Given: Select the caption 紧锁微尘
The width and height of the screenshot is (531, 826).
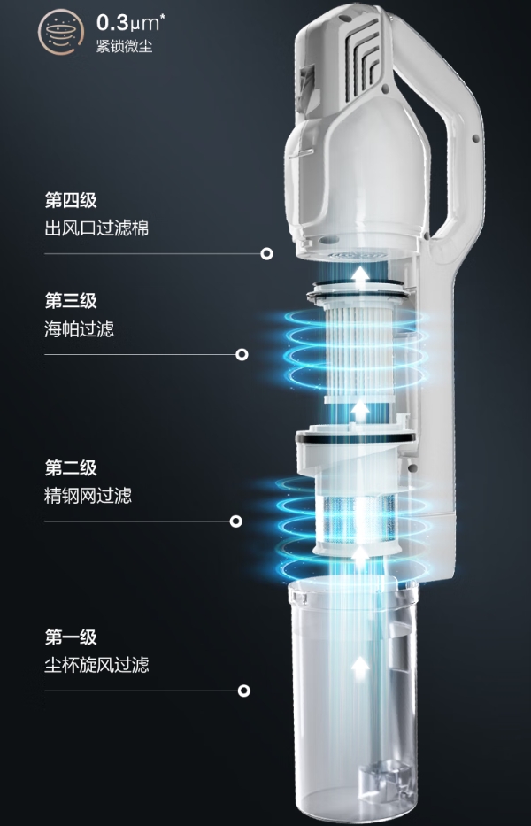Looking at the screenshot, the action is click(x=125, y=46).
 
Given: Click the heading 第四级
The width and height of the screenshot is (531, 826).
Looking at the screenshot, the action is click(x=71, y=199).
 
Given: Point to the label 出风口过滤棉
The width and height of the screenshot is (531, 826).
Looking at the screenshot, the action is click(x=96, y=228).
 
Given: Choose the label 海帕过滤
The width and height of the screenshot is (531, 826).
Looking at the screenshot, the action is click(x=79, y=329).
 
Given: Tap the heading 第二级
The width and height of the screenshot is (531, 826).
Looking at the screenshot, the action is click(x=71, y=467).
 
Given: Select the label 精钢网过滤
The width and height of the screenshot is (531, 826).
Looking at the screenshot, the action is click(x=88, y=496).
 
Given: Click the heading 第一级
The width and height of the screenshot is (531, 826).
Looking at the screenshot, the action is click(x=71, y=637).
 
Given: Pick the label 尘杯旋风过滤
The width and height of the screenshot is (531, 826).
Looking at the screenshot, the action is click(x=96, y=665).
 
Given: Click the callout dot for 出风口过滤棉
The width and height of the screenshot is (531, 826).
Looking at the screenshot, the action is click(x=266, y=253).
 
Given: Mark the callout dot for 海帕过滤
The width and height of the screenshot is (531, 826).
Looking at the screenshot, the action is click(x=242, y=355).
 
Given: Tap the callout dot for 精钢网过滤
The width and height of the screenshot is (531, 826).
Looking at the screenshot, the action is click(x=236, y=521).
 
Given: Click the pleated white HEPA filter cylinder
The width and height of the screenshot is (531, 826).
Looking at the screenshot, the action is click(x=359, y=345).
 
